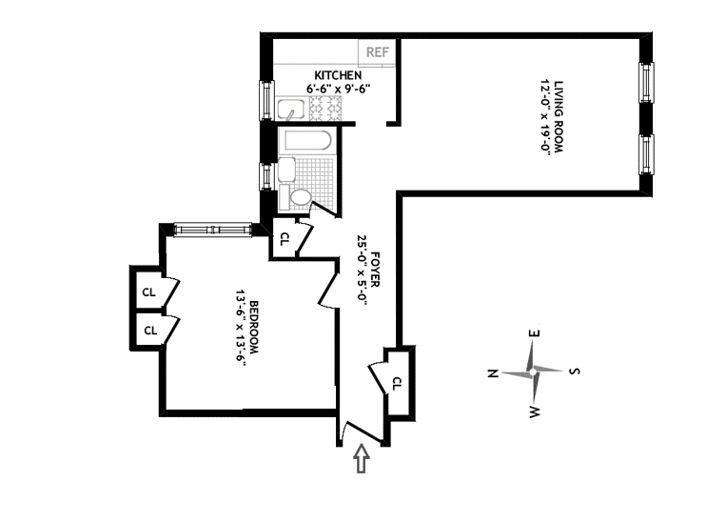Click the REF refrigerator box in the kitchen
pos(377,51)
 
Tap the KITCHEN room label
pos(338,75)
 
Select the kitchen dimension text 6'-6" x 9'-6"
pos(338,89)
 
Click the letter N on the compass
pos(493,373)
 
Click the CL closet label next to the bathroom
pos(284,239)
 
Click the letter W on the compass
pos(535,412)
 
